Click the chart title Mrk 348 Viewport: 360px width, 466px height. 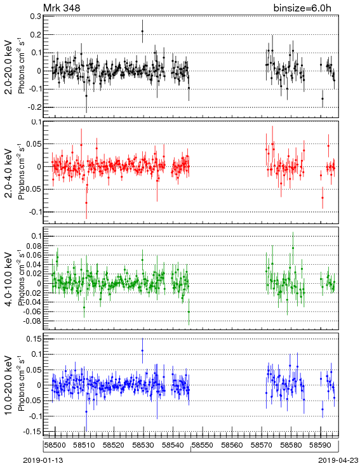(x=62, y=8)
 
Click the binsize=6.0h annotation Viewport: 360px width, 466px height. (x=302, y=8)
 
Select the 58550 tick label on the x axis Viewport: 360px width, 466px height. (x=203, y=445)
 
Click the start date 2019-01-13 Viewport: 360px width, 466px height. (x=43, y=460)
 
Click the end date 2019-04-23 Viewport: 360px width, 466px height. (x=338, y=460)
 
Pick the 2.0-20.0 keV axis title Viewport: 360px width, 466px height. (x=9, y=67)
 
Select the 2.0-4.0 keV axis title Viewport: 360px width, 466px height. (x=9, y=173)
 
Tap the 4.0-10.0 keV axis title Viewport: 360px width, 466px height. (x=9, y=279)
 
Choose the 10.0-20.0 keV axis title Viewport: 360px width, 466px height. (x=9, y=385)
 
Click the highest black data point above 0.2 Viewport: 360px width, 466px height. (x=142, y=31)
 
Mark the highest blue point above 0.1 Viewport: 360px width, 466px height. (x=142, y=350)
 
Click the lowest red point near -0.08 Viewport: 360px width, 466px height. (x=86, y=203)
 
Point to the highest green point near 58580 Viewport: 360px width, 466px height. (x=293, y=248)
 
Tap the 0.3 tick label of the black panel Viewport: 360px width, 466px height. (x=36, y=16)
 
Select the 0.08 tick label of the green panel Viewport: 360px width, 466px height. (x=33, y=246)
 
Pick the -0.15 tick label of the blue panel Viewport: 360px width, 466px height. (x=32, y=432)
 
